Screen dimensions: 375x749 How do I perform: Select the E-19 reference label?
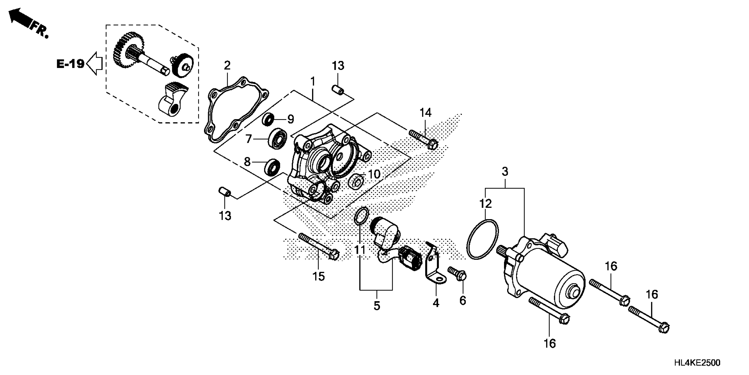[x=70, y=64]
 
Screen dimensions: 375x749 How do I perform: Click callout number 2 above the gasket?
[x=227, y=65]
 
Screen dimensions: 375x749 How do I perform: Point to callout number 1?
[x=313, y=82]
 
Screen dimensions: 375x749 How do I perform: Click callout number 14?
[x=425, y=113]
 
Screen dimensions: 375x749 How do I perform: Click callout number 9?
[x=291, y=119]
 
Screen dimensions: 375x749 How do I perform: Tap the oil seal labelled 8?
[x=272, y=167]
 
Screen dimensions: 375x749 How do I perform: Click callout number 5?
[x=376, y=306]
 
